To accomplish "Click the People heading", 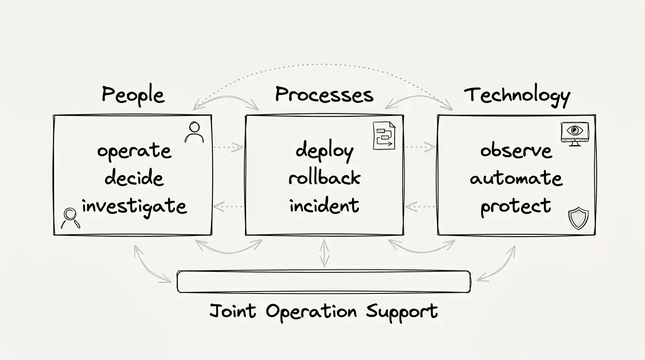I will coord(133,96).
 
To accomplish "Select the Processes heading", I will coord(324,95).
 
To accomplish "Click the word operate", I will coord(134,151).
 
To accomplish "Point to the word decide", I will coord(134,178).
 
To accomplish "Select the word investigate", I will coord(134,206).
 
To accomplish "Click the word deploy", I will coord(324,151).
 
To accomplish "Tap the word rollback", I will coord(324,178).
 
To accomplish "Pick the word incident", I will coord(324,205).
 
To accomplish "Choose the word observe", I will coord(516,151).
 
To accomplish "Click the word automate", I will coord(516,179).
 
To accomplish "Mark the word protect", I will coord(516,206).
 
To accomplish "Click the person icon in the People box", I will coord(194,132).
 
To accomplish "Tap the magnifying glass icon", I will coord(70,217).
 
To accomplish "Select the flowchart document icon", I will coord(384,135).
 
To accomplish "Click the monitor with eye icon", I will coord(574,133).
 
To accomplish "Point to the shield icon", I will coord(577,218).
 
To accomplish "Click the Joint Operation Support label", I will coord(323,311).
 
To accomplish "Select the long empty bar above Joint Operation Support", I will coord(323,282).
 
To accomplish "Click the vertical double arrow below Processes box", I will coord(324,253).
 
